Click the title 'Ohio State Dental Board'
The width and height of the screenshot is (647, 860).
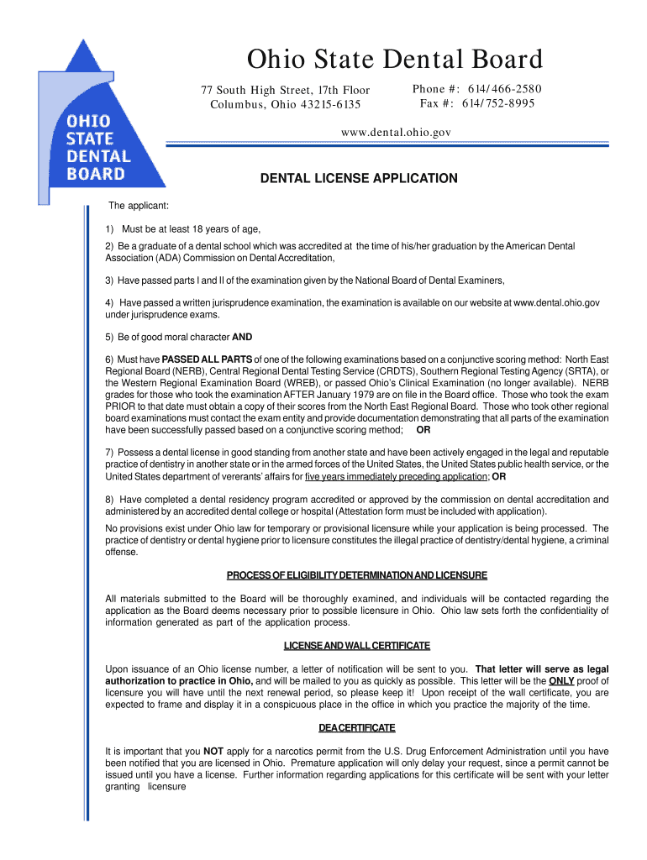pos(394,60)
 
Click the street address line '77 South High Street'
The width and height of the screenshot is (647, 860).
pos(284,91)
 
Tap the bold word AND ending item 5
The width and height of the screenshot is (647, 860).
pos(242,338)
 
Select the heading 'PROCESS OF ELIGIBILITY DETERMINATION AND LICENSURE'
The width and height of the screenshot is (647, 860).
pos(357,575)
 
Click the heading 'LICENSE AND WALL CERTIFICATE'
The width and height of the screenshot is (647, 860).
pos(357,645)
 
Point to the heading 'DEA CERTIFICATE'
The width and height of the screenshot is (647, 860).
pos(357,727)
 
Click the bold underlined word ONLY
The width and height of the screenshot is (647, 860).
pos(561,680)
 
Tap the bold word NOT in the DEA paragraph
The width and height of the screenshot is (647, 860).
pos(213,751)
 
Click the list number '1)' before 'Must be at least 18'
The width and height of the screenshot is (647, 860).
pos(110,229)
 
